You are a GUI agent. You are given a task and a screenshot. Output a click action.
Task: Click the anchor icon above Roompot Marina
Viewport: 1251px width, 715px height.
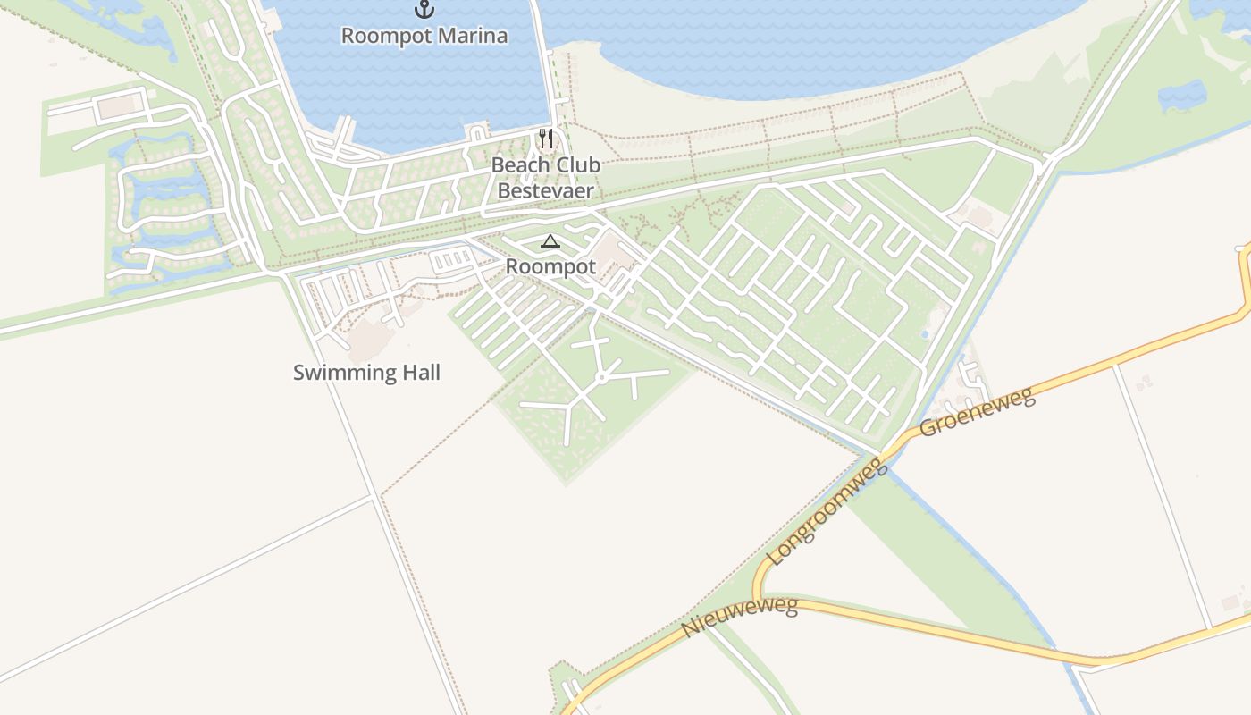point(424,10)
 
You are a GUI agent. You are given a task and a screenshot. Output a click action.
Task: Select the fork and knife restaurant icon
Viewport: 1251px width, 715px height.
point(545,139)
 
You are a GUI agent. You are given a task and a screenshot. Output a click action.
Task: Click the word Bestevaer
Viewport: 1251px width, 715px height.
point(545,190)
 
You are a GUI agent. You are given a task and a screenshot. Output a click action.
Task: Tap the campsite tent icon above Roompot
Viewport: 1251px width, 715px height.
point(550,241)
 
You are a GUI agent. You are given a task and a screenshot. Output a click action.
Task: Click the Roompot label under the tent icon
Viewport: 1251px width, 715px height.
point(550,266)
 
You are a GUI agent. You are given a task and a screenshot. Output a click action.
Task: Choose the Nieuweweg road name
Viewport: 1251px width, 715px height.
point(739,618)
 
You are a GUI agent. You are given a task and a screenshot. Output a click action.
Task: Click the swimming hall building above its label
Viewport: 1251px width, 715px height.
point(369,339)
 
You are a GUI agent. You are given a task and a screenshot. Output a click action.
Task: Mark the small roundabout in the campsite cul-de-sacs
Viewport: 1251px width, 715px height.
point(601,378)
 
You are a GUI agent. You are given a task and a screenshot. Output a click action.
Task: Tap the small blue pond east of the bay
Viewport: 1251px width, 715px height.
point(1181,96)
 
